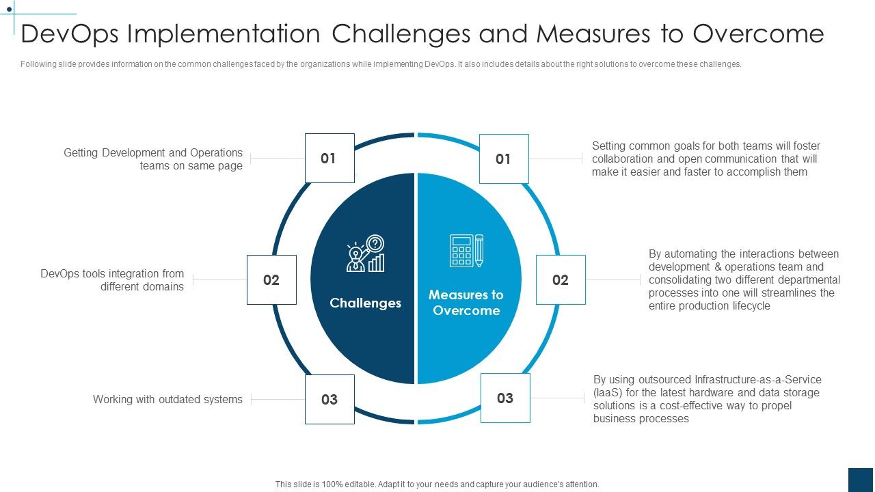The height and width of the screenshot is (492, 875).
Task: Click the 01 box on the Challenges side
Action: (x=329, y=159)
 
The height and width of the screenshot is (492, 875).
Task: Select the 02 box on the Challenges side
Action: (x=271, y=279)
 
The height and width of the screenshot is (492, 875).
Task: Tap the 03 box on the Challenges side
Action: (x=329, y=399)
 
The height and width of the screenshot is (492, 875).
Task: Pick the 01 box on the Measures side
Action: (x=504, y=159)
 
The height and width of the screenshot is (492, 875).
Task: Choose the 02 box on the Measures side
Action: (x=561, y=279)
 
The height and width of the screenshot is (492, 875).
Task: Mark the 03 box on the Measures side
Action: (x=505, y=398)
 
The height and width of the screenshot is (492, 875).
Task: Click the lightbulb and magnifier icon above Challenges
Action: (x=365, y=254)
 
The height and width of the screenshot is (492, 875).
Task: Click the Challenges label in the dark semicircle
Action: (x=365, y=303)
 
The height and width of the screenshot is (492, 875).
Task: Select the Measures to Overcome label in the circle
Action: (x=466, y=303)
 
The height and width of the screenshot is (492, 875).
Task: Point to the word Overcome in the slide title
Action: (x=758, y=33)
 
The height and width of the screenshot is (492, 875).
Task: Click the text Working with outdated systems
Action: (x=167, y=399)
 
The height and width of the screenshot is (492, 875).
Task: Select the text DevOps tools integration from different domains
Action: (x=113, y=280)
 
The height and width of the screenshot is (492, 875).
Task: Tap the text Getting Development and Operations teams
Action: (x=153, y=159)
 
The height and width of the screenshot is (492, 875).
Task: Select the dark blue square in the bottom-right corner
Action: (x=861, y=480)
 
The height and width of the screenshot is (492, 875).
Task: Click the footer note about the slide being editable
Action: (x=437, y=484)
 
